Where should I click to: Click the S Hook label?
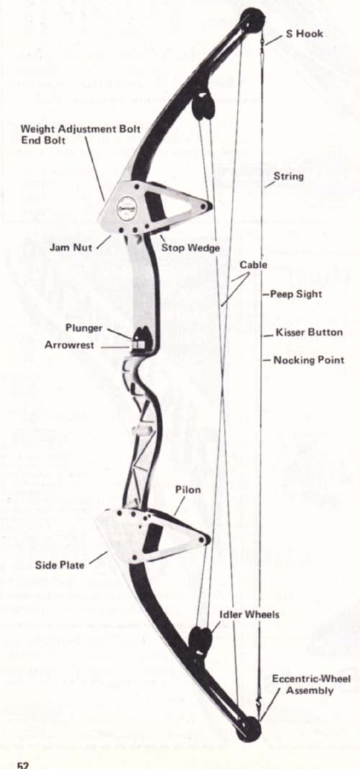click(304, 35)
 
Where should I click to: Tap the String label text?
click(289, 176)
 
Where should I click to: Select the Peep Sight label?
click(296, 294)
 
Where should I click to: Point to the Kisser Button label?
click(309, 333)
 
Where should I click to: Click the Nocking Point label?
click(308, 360)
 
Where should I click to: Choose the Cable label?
click(253, 265)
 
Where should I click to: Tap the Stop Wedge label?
click(190, 248)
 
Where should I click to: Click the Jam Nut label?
click(71, 247)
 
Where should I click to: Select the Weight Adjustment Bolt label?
click(81, 129)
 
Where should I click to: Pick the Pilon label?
click(188, 490)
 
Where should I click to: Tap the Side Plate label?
click(59, 565)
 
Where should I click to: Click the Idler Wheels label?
click(250, 614)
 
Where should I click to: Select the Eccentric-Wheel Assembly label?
click(312, 685)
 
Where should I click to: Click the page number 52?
click(23, 764)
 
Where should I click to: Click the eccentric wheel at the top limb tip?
click(252, 21)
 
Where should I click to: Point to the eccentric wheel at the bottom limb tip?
click(248, 729)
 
